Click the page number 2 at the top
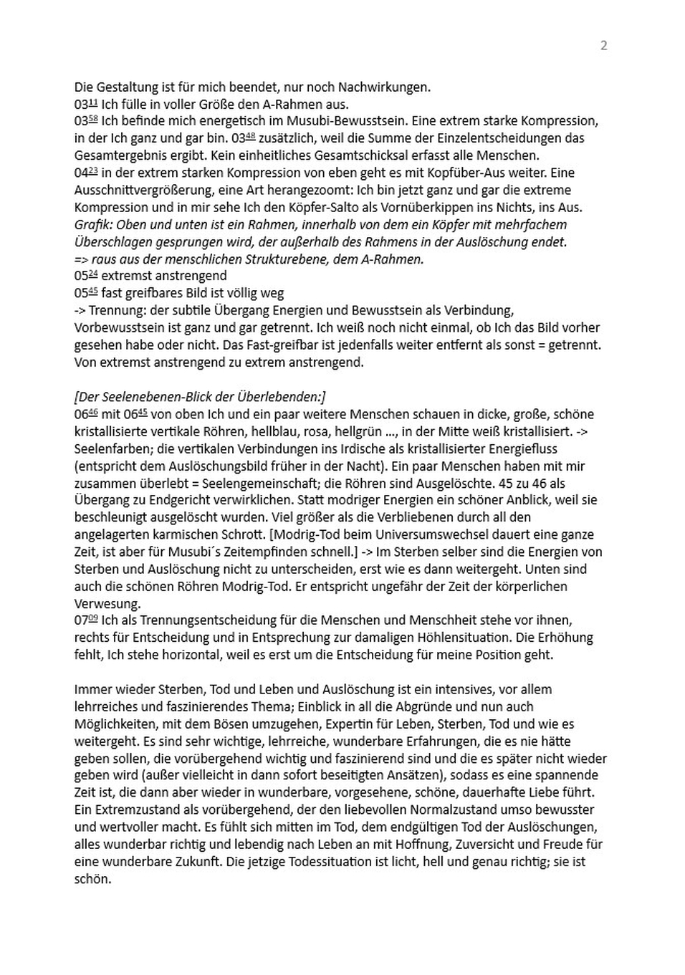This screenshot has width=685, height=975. pos(603,45)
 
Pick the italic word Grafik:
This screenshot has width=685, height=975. pos(94,224)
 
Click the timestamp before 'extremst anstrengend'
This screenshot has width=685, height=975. pos(85,276)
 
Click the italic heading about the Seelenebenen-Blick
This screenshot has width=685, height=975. pos(199,397)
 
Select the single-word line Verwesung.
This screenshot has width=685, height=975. pos(107,603)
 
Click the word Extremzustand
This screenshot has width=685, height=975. pos(118,810)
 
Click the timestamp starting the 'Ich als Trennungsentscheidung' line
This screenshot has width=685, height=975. pos(86,620)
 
